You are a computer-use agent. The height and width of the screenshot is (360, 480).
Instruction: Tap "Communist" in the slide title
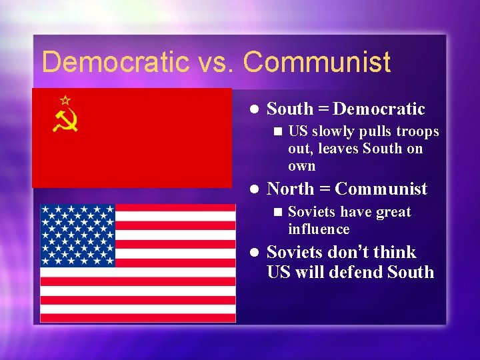(x=317, y=63)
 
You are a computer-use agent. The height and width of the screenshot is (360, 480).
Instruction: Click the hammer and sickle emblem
(x=66, y=120)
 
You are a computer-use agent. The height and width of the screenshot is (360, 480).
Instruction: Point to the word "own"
(x=301, y=166)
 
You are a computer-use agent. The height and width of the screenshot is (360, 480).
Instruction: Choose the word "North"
(x=290, y=189)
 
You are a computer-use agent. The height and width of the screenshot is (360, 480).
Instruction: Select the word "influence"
(x=319, y=229)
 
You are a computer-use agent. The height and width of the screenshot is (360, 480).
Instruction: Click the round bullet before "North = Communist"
(x=253, y=190)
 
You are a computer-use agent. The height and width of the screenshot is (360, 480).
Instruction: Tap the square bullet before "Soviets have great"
(x=277, y=213)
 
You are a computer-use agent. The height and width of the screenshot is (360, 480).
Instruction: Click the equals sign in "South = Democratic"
(x=323, y=109)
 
